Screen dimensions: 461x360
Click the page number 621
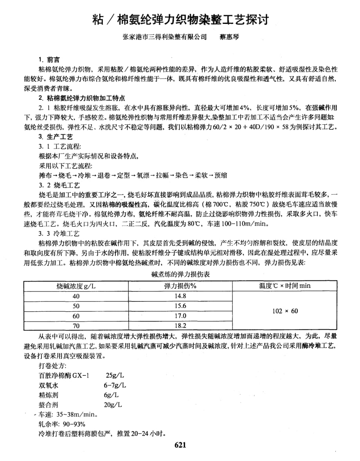180,445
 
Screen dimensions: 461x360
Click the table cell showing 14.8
180,296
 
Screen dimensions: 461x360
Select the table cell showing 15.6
180,306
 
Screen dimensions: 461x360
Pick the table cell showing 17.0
180,316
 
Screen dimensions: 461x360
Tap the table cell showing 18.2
180,325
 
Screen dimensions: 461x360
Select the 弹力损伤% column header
180,286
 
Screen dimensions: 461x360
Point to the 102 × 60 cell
285,311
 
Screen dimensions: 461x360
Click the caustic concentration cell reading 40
76,296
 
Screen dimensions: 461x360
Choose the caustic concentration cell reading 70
76,325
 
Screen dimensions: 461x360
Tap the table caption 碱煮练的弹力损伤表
180,275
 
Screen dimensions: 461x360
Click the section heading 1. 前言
49,60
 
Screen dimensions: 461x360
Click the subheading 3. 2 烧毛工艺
59,185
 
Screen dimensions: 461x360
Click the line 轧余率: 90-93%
62,424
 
